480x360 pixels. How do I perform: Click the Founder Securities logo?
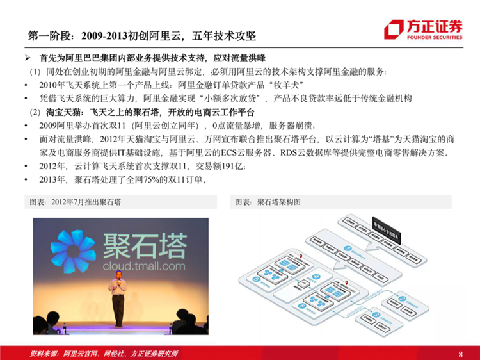coord(423,29)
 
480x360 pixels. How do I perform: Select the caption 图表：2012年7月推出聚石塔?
coord(76,202)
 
